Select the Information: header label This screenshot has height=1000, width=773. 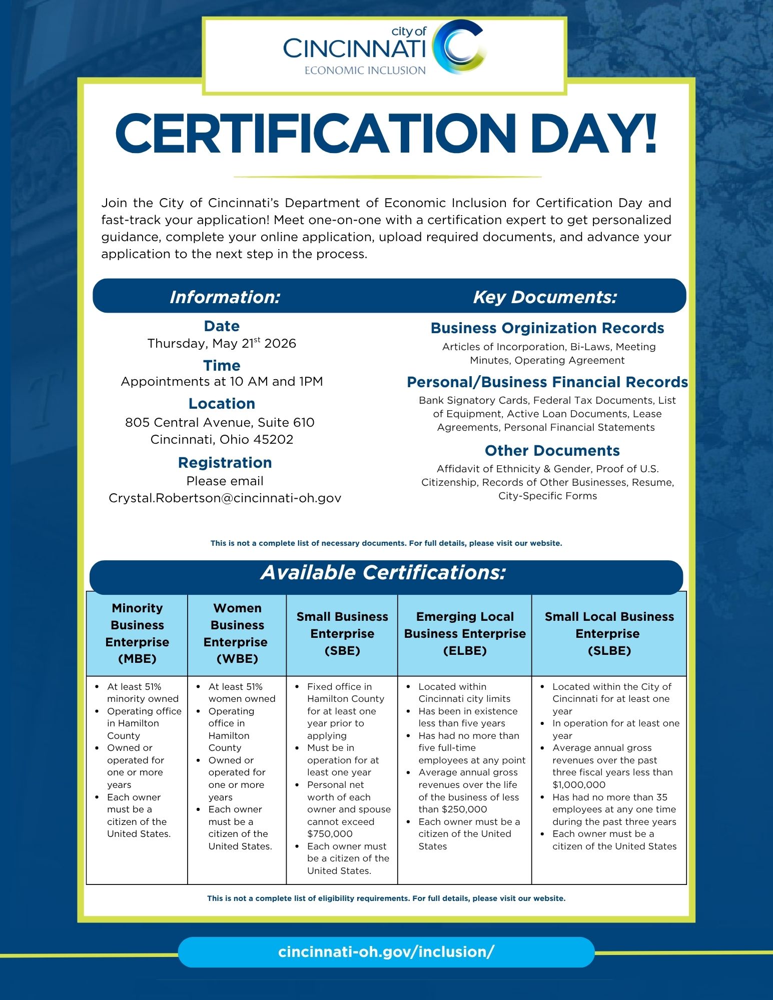[225, 297]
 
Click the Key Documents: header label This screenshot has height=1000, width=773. [545, 297]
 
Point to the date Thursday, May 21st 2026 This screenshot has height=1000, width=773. [222, 344]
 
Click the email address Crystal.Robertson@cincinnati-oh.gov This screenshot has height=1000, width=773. [225, 498]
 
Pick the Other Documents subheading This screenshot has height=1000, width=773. [552, 451]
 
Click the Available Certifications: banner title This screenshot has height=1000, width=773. [383, 573]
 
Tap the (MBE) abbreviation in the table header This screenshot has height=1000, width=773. [137, 659]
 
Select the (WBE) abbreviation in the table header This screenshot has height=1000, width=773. [237, 659]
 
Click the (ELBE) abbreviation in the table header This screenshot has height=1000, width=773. [465, 651]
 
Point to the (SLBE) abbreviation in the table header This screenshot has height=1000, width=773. [609, 651]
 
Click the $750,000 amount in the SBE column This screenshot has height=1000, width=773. [330, 834]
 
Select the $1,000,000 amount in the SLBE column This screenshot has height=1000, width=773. [579, 785]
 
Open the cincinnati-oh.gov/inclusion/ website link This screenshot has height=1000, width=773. [386, 952]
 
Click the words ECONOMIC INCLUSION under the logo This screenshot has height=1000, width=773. [365, 71]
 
